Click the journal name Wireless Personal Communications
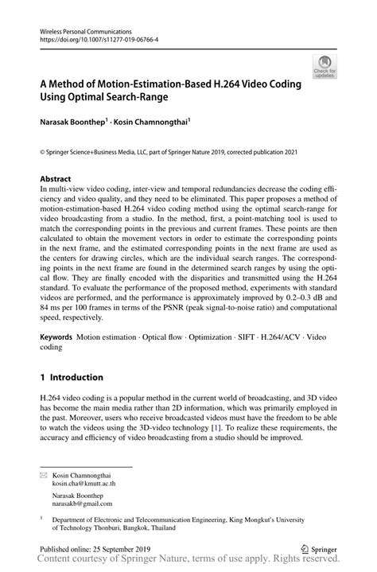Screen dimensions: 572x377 click(82, 29)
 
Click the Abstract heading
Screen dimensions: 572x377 click(56, 180)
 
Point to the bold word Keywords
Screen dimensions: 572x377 click(56, 337)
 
